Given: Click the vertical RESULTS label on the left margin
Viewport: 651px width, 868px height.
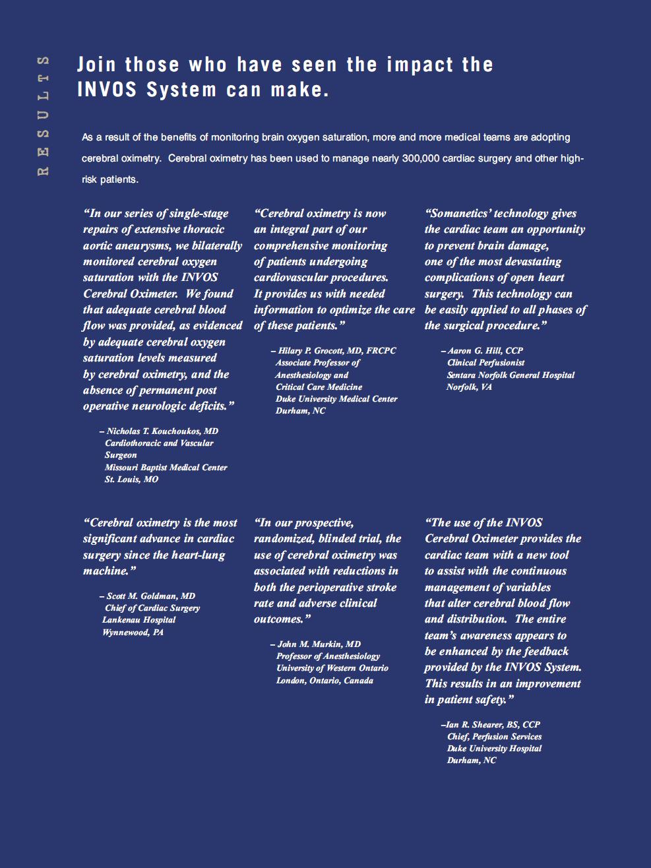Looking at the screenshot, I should pos(44,115).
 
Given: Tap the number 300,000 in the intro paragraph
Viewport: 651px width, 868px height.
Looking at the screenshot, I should pos(420,158).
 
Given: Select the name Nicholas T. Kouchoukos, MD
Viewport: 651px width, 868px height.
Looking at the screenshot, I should pos(162,431).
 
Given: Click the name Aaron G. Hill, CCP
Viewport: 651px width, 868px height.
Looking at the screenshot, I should pos(485,350).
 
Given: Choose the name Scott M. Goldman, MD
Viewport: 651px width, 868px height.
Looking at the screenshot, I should pos(150,596).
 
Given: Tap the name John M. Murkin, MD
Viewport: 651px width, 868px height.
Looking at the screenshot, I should pos(319,644).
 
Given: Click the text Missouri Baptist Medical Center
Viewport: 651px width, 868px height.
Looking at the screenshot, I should pos(166,467).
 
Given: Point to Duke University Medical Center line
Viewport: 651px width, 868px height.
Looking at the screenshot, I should pos(336,398).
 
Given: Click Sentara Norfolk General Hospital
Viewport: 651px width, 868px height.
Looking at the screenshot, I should pos(511,375).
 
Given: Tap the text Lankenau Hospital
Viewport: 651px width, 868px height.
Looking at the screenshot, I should pos(139,619).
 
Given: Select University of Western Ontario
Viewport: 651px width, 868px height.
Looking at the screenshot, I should pos(332,667).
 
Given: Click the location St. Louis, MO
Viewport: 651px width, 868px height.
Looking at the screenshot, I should pos(131,479).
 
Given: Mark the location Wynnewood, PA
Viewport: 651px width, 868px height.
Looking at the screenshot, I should pos(133,632).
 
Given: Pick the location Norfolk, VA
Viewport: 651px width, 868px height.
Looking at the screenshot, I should pos(469,387).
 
